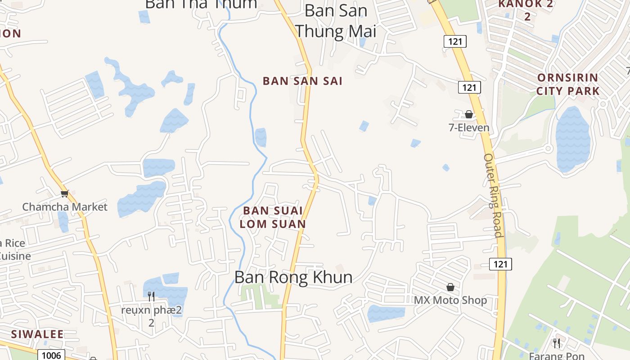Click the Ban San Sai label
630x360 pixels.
[302, 81]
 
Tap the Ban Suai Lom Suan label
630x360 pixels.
[273, 217]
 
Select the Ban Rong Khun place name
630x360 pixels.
[293, 277]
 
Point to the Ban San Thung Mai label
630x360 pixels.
[335, 21]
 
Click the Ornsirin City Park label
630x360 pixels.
[568, 84]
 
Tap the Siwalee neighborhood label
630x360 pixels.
[37, 334]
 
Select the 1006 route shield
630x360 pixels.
[51, 355]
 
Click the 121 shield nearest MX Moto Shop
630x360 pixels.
[500, 264]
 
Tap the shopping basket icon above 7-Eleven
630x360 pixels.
[469, 114]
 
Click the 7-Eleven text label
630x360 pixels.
[469, 128]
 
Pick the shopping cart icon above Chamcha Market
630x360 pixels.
[64, 194]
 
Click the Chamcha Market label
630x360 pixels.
[65, 207]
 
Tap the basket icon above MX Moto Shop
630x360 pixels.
[450, 287]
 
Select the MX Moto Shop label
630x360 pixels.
[450, 300]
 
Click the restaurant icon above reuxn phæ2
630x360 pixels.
[151, 296]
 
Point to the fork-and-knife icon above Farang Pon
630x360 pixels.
[557, 343]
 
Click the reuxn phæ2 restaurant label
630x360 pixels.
[151, 316]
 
